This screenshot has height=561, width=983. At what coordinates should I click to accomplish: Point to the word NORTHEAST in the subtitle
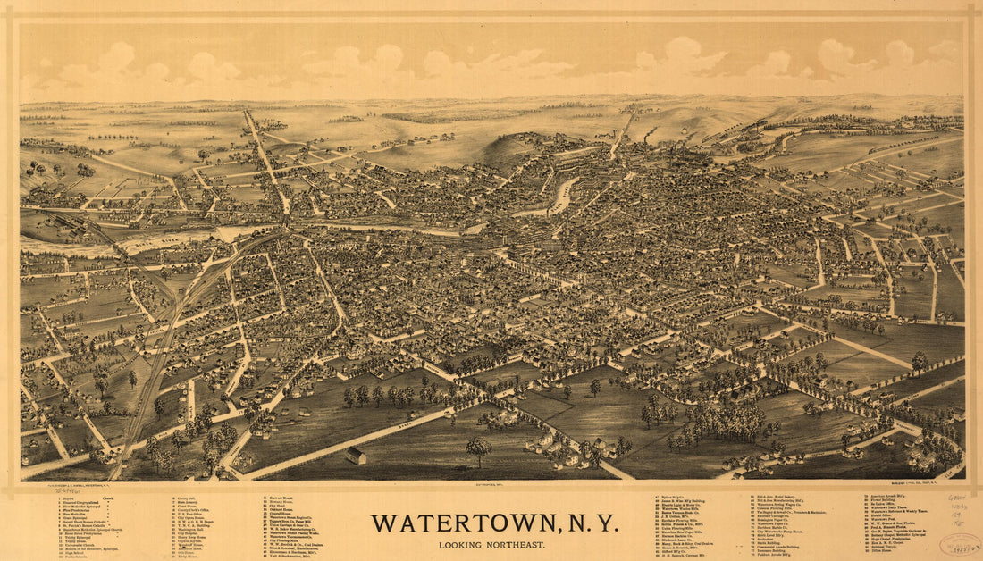tap(519, 545)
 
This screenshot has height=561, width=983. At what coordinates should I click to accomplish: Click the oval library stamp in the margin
tap(961, 544)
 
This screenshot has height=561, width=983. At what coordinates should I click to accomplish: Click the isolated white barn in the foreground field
tap(356, 456)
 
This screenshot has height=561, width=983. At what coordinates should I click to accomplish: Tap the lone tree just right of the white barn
tap(478, 448)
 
